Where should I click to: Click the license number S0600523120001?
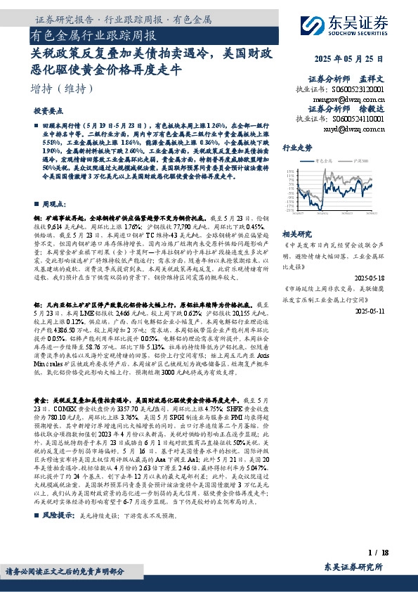(x=359, y=90)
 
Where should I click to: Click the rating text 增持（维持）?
(x=63, y=89)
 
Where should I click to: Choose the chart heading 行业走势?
(x=296, y=148)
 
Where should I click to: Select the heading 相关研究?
(x=296, y=233)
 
